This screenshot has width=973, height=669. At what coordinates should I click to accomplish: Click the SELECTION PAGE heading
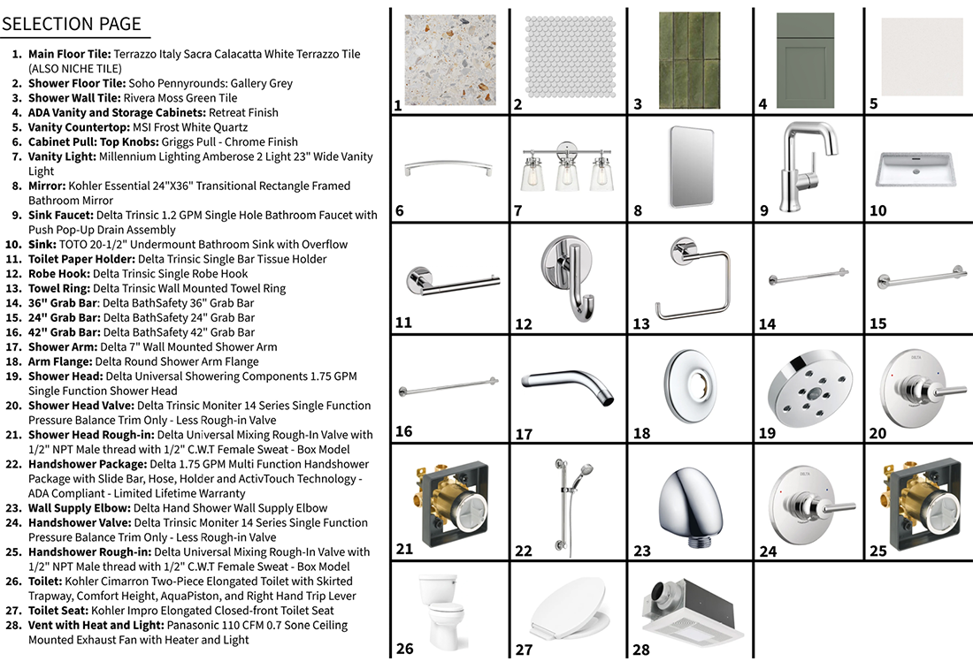(x=72, y=25)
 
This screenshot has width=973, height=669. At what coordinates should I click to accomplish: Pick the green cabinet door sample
(x=805, y=59)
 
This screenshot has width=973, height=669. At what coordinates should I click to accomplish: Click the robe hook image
(x=569, y=277)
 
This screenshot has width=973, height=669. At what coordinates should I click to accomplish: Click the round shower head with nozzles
(x=805, y=389)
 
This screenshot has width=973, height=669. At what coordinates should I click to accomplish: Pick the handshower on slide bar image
(x=568, y=504)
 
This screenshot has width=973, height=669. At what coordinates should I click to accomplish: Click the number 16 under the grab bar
(x=403, y=431)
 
